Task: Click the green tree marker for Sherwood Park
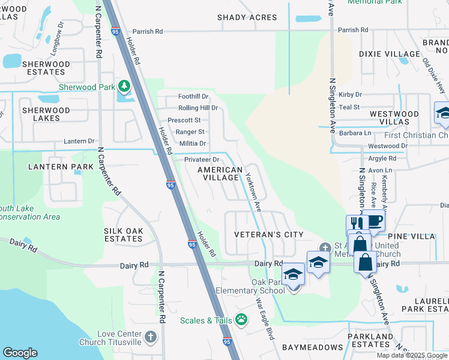tap(124, 86)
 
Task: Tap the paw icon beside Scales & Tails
tap(241, 320)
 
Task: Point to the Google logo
tap(20, 353)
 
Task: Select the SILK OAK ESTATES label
tap(124, 235)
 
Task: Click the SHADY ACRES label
tap(247, 17)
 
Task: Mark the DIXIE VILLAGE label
tap(390, 54)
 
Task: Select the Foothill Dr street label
tap(193, 96)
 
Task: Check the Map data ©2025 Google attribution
tap(411, 355)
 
